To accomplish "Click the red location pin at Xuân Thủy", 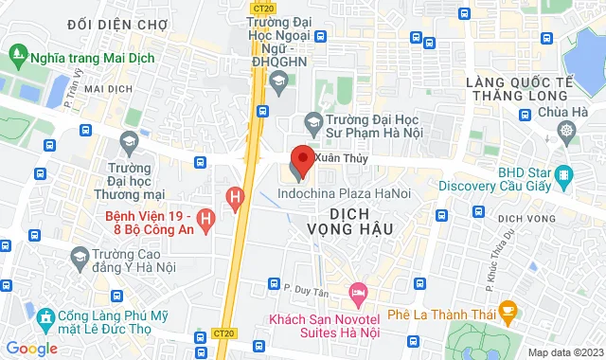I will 303,156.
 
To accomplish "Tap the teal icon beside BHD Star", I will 564,175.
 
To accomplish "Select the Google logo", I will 31,349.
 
